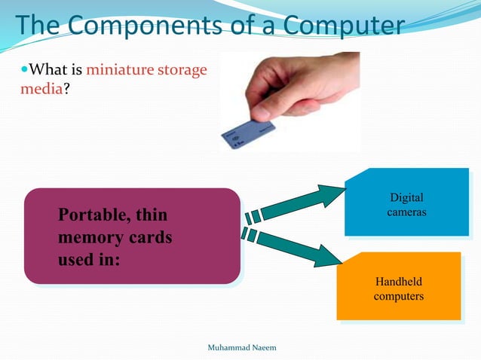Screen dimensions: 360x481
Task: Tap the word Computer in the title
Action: (x=341, y=26)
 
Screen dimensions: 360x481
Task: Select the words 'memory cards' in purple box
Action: (x=115, y=238)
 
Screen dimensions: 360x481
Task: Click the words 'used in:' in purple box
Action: (x=90, y=261)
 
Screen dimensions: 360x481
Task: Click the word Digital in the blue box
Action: (x=406, y=198)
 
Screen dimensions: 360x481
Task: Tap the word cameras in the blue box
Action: (x=406, y=212)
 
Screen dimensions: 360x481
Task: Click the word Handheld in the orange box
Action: (x=398, y=282)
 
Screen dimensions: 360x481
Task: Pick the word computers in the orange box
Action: (x=398, y=296)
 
